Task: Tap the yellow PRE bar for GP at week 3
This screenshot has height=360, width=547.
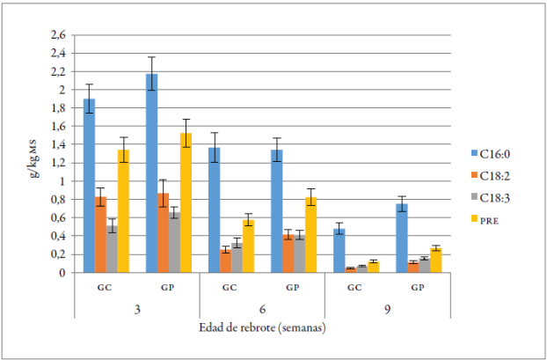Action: [x=186, y=203]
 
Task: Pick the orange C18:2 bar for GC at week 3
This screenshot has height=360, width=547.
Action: [x=101, y=235]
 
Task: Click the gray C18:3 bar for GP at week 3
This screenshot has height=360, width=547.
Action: [x=174, y=243]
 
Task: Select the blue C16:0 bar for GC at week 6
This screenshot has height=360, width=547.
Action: [x=214, y=210]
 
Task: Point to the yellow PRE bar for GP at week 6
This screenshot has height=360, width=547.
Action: [x=310, y=235]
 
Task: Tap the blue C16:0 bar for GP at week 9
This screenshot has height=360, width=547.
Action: [x=401, y=239]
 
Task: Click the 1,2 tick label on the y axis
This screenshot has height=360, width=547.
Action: [x=58, y=163]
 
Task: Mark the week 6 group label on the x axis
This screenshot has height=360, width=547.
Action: [x=262, y=310]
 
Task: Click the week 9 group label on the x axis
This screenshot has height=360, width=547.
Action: [x=387, y=310]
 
